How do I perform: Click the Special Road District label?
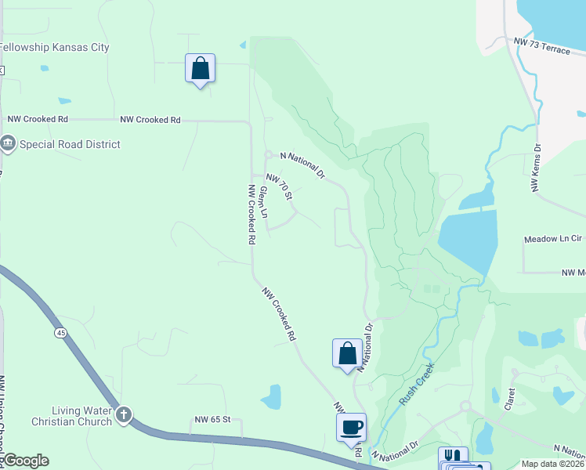point(70,144)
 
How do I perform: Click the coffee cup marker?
point(351,428)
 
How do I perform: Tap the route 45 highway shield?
point(60,333)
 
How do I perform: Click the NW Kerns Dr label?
point(536,167)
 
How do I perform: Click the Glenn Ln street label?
point(264,201)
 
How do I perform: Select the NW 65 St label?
point(212,420)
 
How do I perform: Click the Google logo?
point(25,461)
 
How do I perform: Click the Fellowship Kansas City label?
point(54,47)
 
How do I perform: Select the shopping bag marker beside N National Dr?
point(347,353)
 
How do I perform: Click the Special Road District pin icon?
point(9,143)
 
